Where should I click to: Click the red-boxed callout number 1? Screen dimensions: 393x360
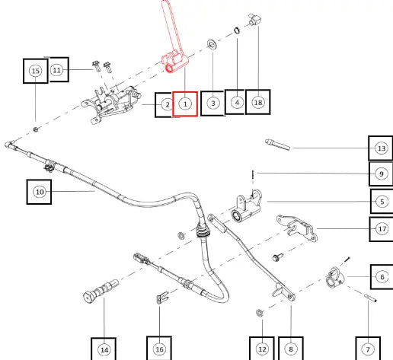click(185, 104)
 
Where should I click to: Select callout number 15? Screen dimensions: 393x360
click(36, 71)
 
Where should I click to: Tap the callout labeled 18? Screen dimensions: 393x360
click(258, 103)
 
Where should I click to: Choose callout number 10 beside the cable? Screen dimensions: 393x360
click(40, 192)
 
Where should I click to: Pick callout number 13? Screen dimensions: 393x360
click(382, 148)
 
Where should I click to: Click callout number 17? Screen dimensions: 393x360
click(382, 229)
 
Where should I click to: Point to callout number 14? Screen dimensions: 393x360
click(104, 350)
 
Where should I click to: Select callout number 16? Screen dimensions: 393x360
click(159, 349)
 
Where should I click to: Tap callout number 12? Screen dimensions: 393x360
click(262, 349)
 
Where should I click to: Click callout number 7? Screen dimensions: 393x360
click(368, 349)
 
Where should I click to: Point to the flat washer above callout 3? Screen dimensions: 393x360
click(212, 45)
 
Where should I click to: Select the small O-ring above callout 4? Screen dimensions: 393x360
click(237, 30)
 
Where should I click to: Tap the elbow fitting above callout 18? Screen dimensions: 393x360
click(255, 20)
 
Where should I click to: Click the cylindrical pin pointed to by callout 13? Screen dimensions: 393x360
click(277, 145)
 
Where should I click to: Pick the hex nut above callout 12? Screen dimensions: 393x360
click(259, 313)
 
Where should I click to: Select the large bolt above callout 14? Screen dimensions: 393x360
click(101, 291)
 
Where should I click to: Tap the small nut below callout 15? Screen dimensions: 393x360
click(36, 129)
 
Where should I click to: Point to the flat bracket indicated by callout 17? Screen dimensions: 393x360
click(297, 228)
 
